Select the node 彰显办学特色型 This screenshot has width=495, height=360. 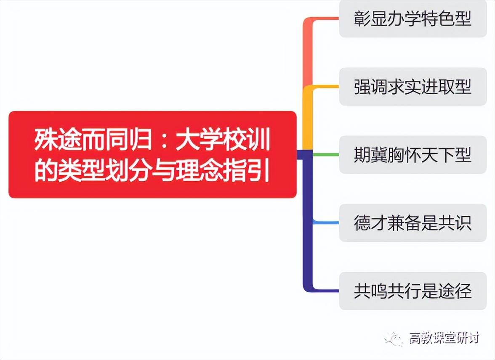[412, 19]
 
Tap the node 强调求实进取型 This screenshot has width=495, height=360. [412, 87]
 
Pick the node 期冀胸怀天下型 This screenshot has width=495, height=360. [412, 155]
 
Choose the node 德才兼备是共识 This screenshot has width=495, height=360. [412, 223]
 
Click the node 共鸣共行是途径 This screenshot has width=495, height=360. [412, 291]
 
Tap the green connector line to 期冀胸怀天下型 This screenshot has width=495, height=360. [326, 155]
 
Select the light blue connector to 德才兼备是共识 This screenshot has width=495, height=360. [326, 222]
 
